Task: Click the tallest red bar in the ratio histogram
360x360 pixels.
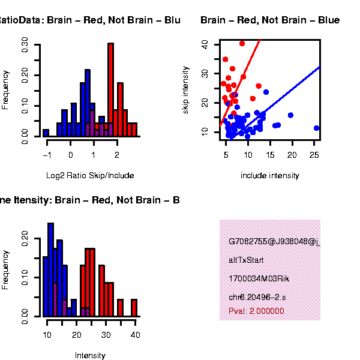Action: [x=110, y=90]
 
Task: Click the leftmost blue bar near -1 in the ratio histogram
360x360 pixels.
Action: [x=46, y=133]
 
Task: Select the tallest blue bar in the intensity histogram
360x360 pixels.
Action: [x=50, y=269]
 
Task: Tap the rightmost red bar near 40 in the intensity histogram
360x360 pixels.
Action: [x=134, y=307]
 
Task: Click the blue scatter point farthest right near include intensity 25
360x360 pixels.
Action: [x=316, y=128]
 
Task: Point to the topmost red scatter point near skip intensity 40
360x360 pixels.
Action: [x=242, y=43]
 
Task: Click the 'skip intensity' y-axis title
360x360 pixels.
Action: [x=185, y=90]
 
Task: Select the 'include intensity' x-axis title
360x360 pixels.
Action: [x=269, y=176]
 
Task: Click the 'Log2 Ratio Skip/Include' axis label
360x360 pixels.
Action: [x=90, y=176]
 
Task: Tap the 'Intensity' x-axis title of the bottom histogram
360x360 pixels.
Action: [x=90, y=355]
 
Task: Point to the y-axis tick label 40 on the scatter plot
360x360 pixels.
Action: [x=205, y=44]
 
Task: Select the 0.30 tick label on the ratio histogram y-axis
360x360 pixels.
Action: [x=25, y=44]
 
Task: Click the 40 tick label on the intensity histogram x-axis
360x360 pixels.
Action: [x=136, y=334]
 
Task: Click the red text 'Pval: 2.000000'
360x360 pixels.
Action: [x=256, y=311]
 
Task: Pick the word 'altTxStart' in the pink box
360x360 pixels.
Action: [x=246, y=260]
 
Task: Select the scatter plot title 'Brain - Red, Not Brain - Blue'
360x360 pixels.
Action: [x=270, y=20]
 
